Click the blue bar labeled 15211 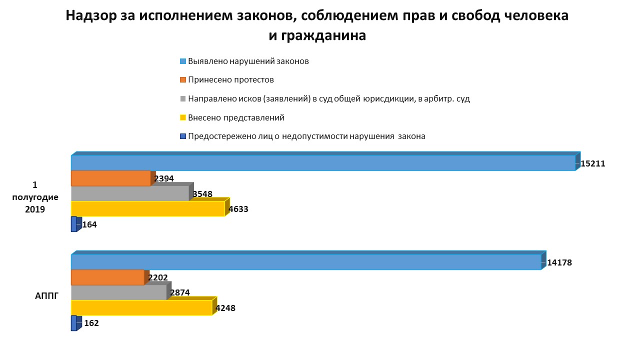point(323,163)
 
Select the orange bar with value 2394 point(110,178)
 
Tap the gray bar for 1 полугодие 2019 point(130,193)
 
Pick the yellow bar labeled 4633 point(148,209)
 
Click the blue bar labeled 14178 point(306,262)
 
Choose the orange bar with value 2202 point(107,277)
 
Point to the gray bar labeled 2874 point(118,292)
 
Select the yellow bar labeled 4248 point(141,308)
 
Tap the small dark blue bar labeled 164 point(74,224)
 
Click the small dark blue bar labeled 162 point(74,323)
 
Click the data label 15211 point(593,163)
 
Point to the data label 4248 point(225,308)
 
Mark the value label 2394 point(164,179)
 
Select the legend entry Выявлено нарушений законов point(248,61)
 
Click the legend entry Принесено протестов point(230,80)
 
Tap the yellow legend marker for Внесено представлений point(183,118)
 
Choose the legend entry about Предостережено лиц point(306,136)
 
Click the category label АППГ point(47,296)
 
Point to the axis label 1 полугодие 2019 point(35,197)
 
